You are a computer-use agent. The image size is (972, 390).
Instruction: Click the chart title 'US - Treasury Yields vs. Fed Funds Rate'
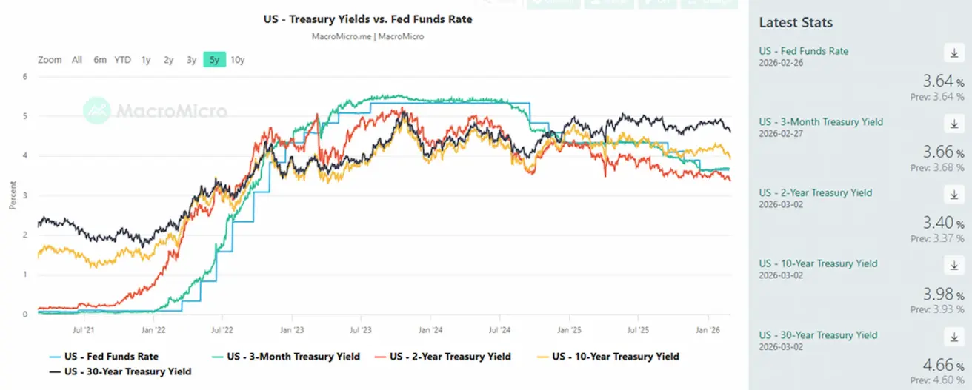click(368, 19)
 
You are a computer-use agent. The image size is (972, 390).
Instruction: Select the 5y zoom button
click(214, 60)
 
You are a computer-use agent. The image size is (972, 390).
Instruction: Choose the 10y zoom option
click(237, 60)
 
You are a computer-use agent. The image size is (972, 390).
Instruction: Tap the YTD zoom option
click(122, 60)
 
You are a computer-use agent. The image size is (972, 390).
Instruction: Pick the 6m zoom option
click(99, 60)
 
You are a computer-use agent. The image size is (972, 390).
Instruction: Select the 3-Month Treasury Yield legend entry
click(293, 357)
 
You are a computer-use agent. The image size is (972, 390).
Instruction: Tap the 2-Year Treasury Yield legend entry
click(450, 357)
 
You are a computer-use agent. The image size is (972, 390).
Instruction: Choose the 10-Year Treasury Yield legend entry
click(615, 357)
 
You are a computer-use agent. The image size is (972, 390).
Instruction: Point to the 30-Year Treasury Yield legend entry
click(127, 371)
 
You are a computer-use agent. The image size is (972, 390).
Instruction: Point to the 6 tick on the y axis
click(24, 76)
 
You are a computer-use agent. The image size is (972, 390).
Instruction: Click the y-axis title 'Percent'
click(13, 195)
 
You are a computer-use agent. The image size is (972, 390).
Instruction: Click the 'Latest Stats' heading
click(796, 23)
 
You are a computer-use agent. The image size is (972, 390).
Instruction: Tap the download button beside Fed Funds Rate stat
click(953, 53)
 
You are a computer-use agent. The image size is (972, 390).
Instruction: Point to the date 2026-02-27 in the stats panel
click(781, 133)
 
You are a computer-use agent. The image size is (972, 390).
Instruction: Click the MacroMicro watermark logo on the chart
click(155, 111)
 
